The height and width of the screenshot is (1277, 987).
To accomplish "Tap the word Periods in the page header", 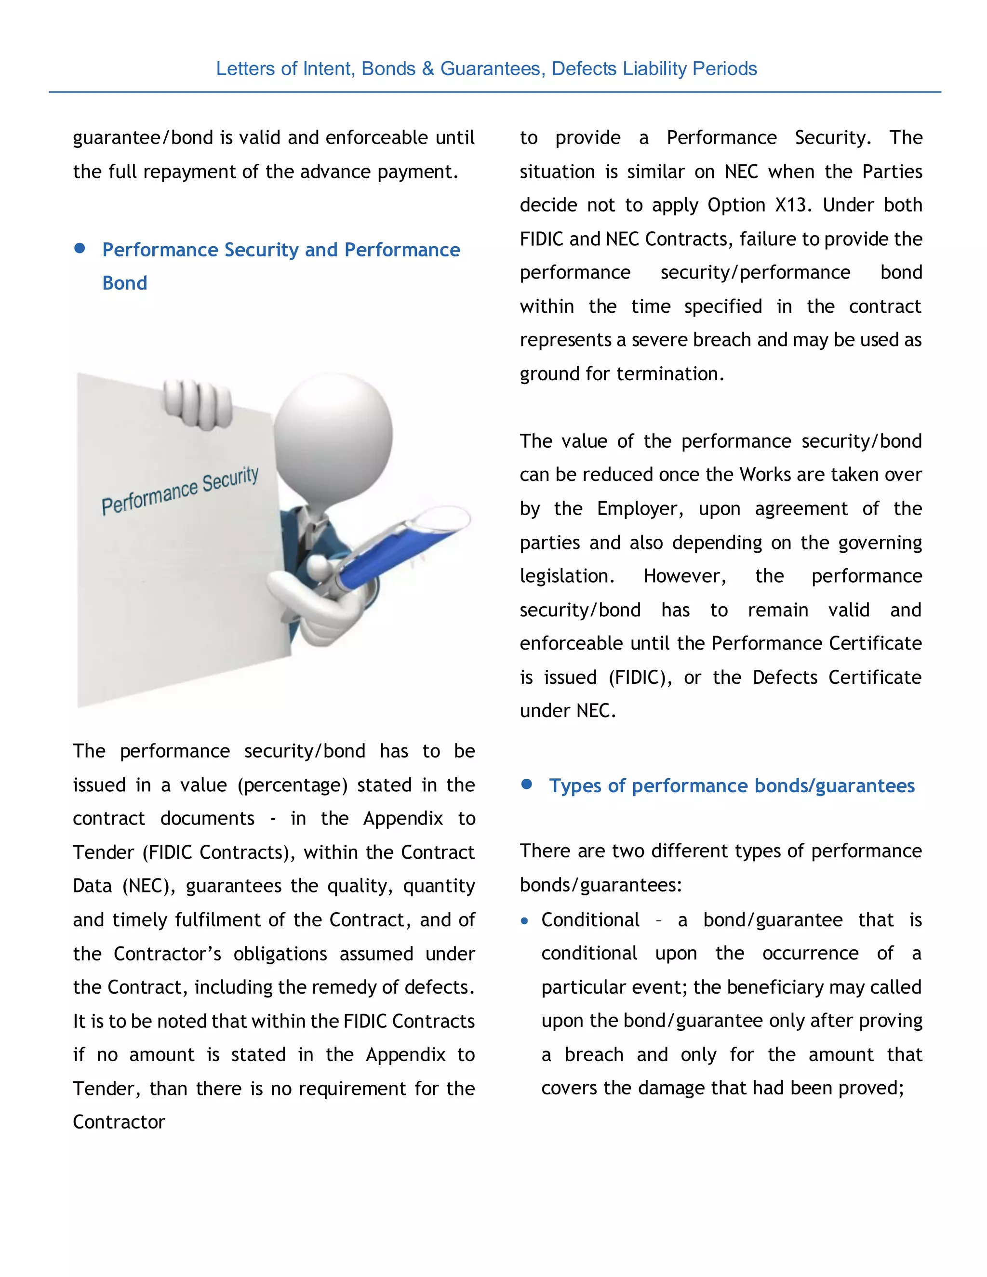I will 724,69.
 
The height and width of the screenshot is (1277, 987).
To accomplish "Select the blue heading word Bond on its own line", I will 124,283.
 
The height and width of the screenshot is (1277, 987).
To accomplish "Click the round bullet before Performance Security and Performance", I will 80,249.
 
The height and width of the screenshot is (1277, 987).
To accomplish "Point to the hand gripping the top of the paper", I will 198,403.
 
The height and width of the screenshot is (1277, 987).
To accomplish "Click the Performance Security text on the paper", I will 179,491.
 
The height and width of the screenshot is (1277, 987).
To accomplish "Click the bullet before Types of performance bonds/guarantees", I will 527,784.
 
